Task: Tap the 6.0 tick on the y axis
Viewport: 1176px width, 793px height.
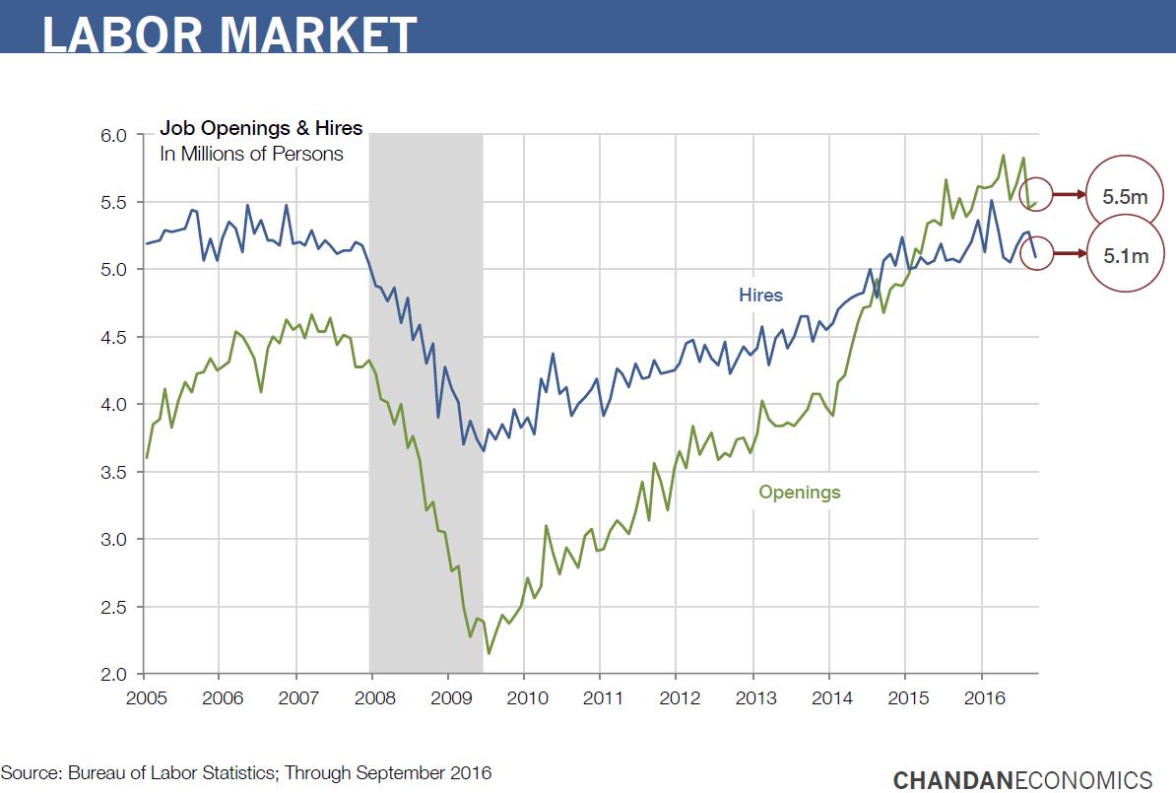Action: (x=116, y=135)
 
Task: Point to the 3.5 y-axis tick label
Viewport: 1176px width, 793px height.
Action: (x=116, y=472)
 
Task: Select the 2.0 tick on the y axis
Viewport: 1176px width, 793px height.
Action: (x=116, y=674)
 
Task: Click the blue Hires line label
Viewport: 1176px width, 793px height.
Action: (x=760, y=295)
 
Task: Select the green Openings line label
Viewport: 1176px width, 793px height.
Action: (x=799, y=492)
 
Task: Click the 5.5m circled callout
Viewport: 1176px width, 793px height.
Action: (x=1125, y=196)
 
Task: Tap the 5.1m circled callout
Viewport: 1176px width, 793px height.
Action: (x=1125, y=255)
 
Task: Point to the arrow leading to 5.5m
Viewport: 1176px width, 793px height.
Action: (x=1068, y=195)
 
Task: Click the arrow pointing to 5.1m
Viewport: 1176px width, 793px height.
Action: (x=1068, y=254)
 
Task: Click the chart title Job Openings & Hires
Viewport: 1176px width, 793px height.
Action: (x=261, y=128)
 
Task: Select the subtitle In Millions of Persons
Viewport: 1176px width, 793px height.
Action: (x=251, y=154)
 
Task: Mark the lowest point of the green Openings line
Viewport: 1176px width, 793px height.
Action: (x=489, y=653)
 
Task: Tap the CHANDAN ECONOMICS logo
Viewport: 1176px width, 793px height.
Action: (x=1022, y=779)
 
